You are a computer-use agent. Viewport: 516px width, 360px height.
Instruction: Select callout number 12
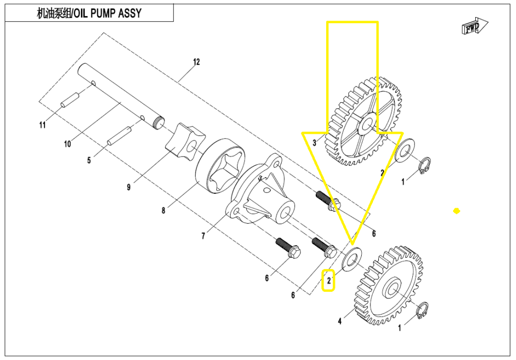click(x=196, y=62)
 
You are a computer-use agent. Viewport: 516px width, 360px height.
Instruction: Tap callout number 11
click(x=43, y=125)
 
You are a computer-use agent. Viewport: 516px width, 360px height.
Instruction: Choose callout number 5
click(x=89, y=161)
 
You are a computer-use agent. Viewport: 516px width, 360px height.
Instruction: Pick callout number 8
click(x=163, y=210)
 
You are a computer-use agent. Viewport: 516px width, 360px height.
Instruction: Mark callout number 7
click(x=203, y=236)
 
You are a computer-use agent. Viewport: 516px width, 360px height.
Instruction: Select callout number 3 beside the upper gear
click(x=314, y=143)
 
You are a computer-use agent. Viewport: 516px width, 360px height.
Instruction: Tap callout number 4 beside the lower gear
click(x=340, y=321)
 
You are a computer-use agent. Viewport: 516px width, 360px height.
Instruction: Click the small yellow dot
click(x=456, y=211)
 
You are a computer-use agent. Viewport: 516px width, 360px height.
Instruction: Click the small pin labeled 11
click(x=69, y=100)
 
